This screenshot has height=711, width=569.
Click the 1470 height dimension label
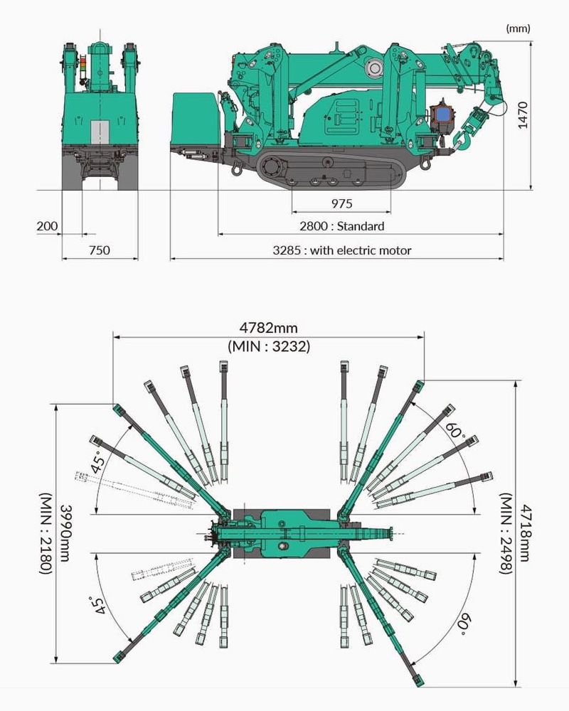tap(523, 115)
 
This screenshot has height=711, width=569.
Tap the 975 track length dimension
tap(341, 203)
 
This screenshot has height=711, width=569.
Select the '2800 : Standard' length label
tap(341, 226)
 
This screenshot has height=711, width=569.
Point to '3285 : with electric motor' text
tap(341, 250)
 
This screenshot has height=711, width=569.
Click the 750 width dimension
tap(100, 250)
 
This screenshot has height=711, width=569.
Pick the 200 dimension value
tap(47, 226)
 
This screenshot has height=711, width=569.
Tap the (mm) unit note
tap(518, 28)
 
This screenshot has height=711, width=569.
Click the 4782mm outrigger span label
tap(269, 327)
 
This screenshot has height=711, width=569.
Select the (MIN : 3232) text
tap(269, 346)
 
